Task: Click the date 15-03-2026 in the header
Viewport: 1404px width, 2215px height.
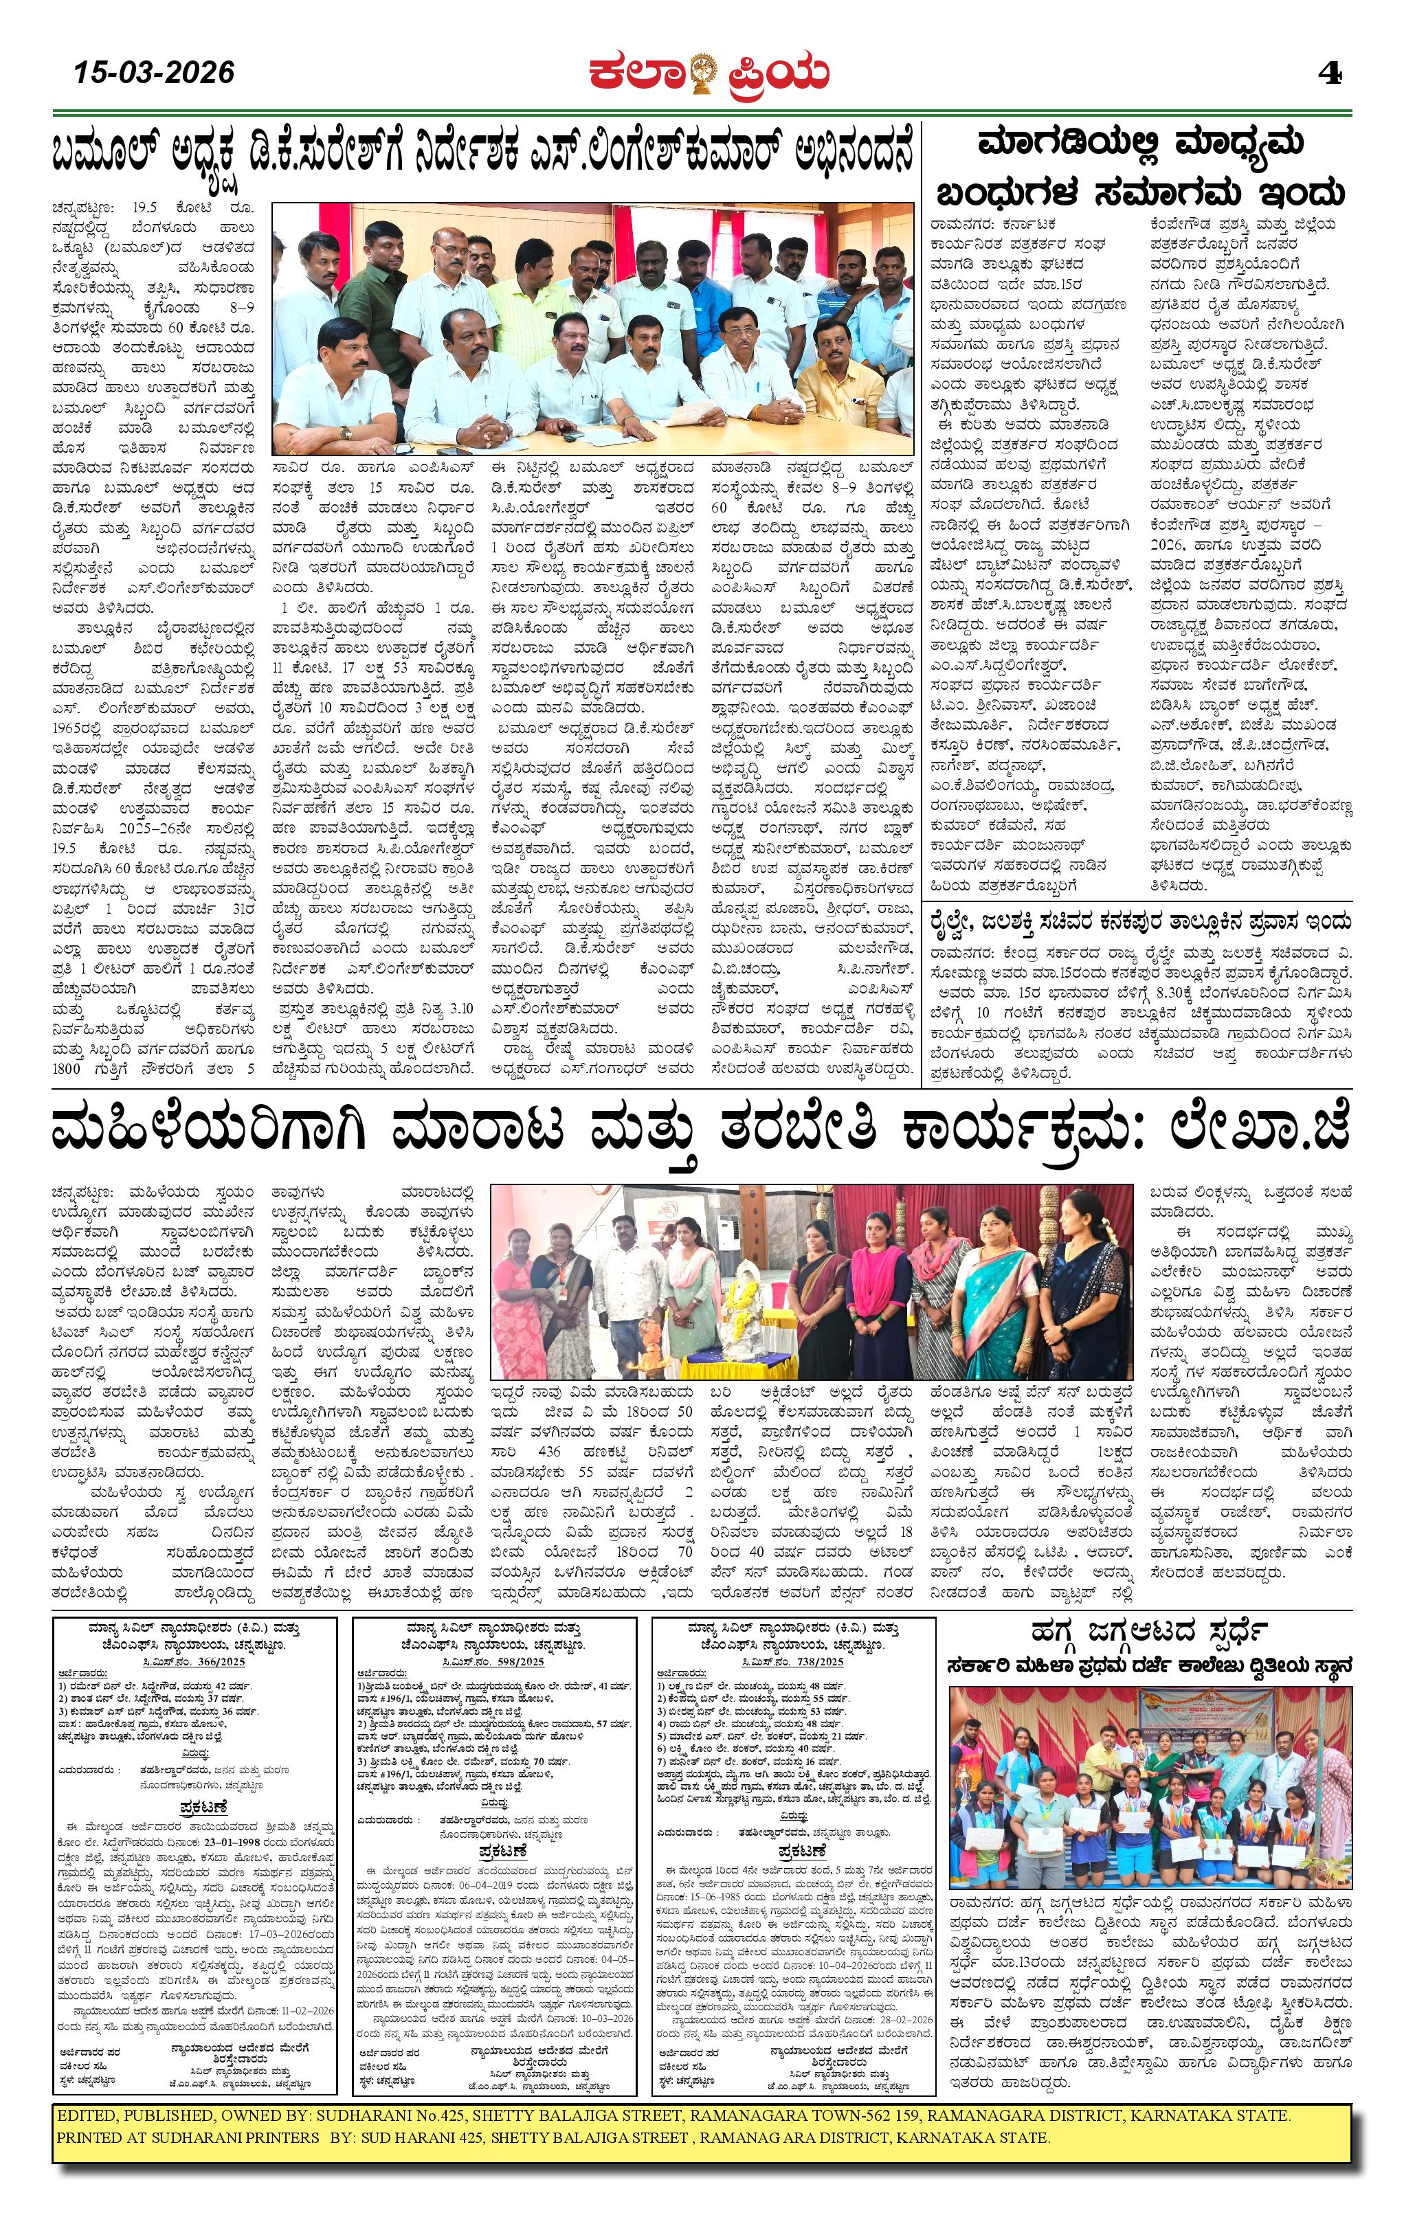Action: (155, 71)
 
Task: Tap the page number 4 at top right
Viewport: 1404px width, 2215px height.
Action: (1330, 74)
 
